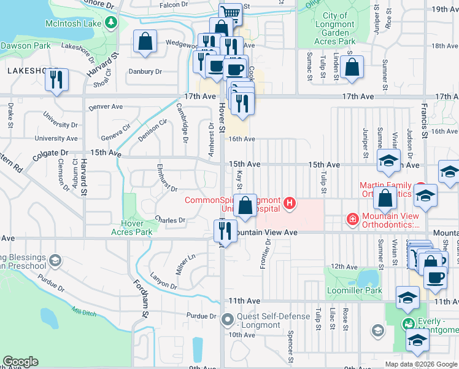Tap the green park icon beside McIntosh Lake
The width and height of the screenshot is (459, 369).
click(110, 23)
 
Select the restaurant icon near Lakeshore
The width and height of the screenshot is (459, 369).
click(56, 80)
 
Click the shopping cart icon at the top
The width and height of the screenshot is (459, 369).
click(231, 13)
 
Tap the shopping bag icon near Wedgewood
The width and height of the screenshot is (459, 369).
click(145, 42)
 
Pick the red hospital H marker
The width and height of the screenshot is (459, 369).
click(289, 202)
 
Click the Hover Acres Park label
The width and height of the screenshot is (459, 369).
click(131, 228)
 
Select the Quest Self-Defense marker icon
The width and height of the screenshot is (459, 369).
click(228, 319)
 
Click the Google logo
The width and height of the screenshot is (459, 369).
click(20, 362)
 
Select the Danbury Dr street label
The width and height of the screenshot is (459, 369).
click(145, 71)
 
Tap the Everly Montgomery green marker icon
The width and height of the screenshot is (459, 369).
click(408, 323)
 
